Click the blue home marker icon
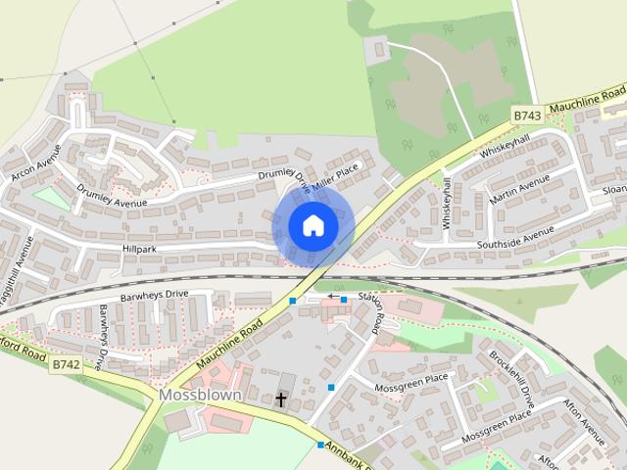click(313, 225)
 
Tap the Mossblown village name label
click(200, 395)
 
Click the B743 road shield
click(527, 116)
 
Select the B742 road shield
click(67, 364)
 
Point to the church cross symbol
click(282, 399)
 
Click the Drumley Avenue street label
click(111, 196)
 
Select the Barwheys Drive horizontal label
click(154, 294)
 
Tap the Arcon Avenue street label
click(35, 163)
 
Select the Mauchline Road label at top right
click(587, 100)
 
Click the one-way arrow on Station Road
click(335, 296)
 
